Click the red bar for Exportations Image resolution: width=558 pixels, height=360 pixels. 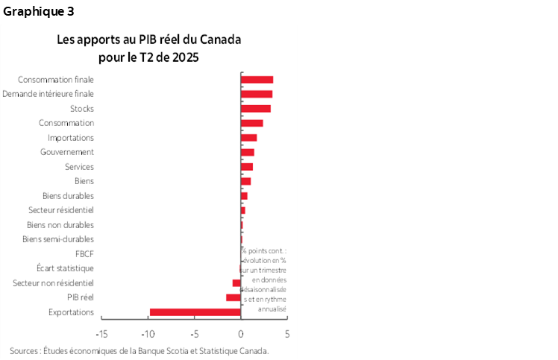point(195,312)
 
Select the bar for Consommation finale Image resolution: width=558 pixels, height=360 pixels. point(257,80)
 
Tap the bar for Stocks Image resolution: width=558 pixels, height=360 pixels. point(255,109)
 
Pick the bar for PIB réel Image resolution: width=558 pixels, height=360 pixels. point(233,297)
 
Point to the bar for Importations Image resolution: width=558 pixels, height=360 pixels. point(248,138)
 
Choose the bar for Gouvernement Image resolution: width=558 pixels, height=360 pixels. point(247,152)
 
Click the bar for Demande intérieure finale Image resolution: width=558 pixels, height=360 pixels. point(256,94)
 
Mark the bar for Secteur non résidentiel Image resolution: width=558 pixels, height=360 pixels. point(236,283)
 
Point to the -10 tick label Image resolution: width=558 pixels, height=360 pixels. point(148,333)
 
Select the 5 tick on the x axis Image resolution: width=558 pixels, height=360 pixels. point(286,333)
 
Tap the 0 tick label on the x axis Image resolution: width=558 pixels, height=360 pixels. point(241,333)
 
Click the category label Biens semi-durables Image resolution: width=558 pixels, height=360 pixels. point(58,239)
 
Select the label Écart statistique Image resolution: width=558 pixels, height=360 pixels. point(65,268)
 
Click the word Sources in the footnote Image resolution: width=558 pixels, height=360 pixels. point(25,350)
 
